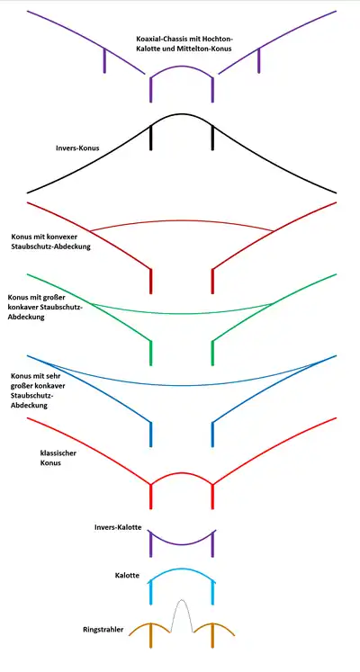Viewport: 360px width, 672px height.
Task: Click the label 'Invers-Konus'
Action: (77, 148)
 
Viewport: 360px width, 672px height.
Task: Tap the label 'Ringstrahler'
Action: (103, 630)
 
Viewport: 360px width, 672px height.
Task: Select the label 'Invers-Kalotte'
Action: (118, 527)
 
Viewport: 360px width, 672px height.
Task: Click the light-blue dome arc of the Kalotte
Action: (182, 569)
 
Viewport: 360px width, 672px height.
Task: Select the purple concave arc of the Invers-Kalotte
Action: (182, 544)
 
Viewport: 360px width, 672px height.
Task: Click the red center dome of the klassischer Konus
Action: (182, 472)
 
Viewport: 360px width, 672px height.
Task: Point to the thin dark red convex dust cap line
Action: (182, 221)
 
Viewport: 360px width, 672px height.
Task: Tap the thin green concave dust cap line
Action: (182, 313)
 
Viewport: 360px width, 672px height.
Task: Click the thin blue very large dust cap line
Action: (182, 385)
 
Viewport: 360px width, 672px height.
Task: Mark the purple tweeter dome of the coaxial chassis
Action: (182, 66)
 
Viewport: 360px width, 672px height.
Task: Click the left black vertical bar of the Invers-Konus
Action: (151, 138)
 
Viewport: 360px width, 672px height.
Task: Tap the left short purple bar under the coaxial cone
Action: (104, 60)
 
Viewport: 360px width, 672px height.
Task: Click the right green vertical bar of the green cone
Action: (212, 354)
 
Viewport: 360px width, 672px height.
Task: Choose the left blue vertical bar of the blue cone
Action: (151, 435)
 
